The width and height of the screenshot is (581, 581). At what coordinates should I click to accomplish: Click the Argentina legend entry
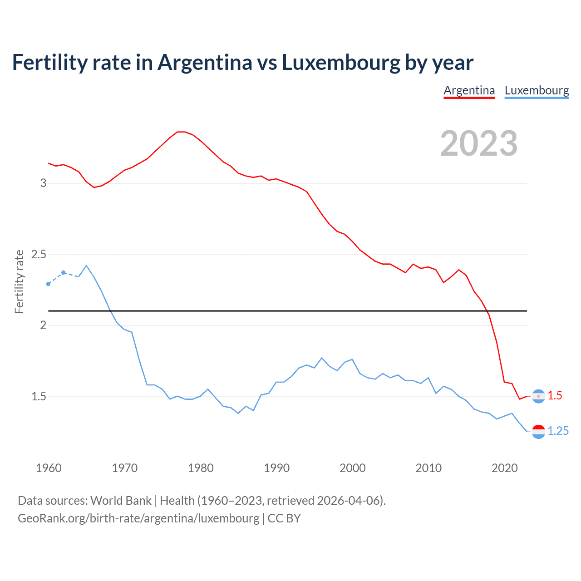469,90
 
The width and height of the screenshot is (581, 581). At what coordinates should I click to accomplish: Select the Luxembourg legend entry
537,90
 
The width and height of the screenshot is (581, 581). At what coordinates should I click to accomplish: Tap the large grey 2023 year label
479,143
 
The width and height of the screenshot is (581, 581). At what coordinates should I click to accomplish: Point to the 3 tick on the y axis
44,183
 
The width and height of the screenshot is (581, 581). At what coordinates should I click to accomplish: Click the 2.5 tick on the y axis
39,254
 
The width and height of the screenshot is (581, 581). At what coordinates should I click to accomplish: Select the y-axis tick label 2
44,325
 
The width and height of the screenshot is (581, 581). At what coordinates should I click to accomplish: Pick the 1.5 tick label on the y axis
39,396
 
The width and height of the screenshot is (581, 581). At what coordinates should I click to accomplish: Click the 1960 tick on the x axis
49,468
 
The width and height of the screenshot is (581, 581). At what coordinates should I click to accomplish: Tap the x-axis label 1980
201,468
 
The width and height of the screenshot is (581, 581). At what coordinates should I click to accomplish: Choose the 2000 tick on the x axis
352,468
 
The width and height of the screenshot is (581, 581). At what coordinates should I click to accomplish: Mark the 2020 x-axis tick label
504,468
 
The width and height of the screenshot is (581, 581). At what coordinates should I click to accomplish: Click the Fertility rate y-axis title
19,281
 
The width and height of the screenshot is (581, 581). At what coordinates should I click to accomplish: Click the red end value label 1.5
555,396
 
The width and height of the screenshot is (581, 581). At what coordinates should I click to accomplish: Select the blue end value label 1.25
558,431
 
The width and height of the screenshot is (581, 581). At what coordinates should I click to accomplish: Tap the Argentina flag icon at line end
538,396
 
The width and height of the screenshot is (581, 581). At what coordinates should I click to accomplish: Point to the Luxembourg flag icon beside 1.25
538,432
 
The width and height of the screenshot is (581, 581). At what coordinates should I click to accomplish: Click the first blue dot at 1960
49,284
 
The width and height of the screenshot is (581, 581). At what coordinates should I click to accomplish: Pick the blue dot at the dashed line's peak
64,273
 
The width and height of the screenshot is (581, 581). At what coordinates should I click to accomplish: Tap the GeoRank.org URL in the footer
138,518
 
